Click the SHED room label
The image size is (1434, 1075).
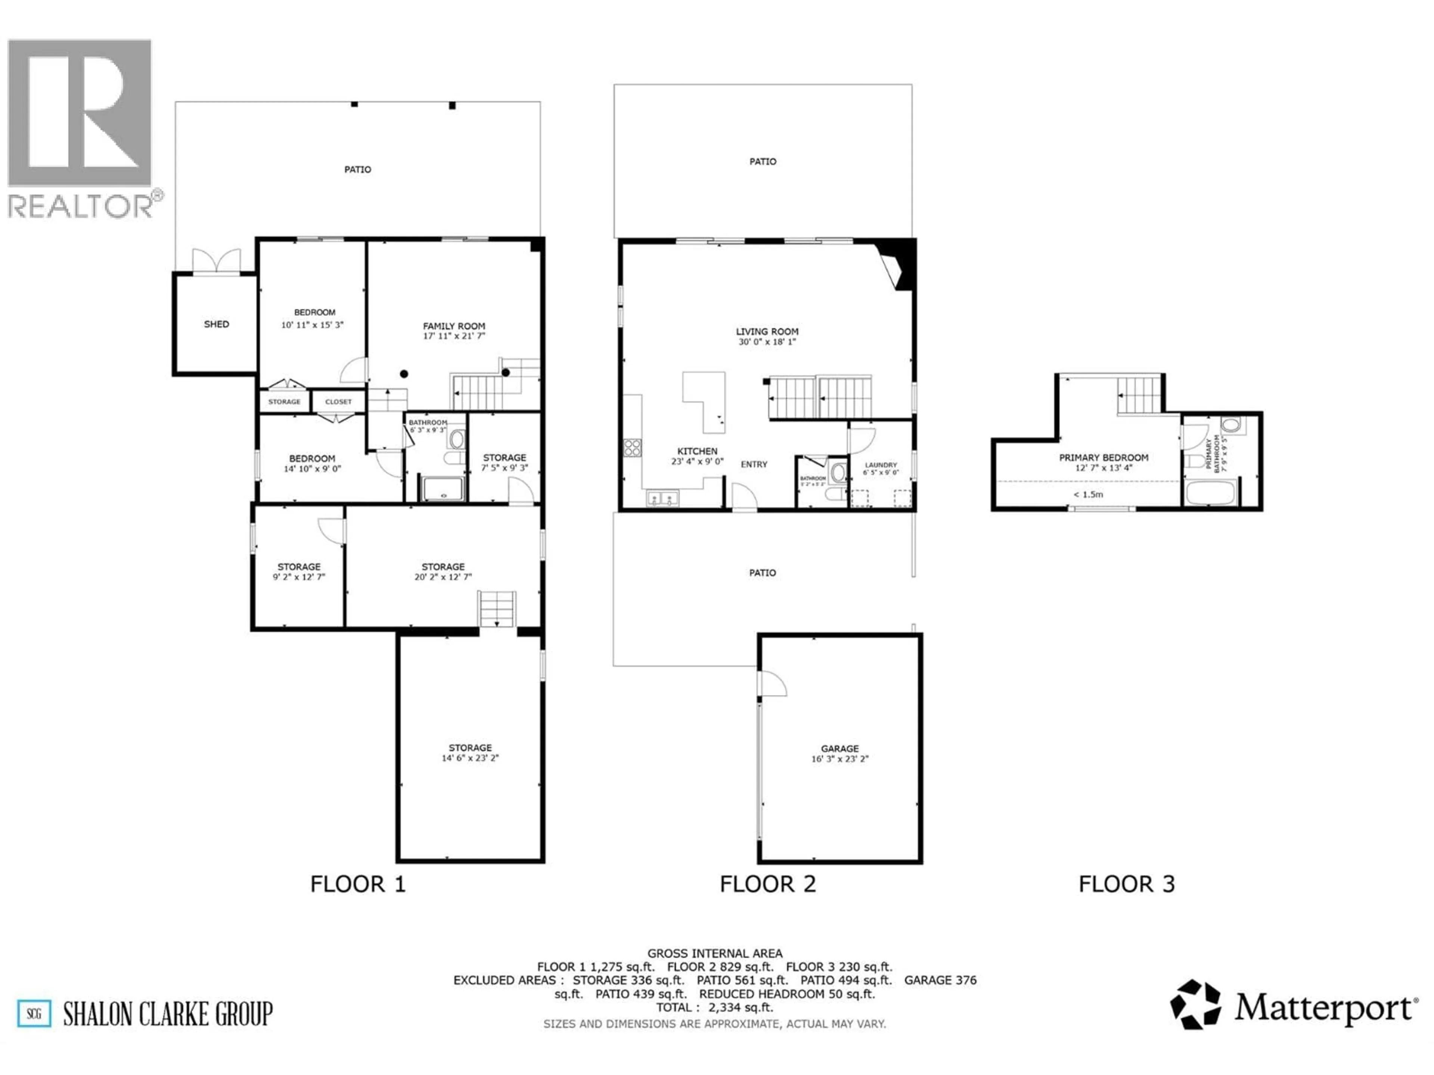coord(217,324)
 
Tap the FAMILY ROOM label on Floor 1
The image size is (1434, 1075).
coord(454,326)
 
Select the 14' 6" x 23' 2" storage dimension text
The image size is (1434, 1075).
coord(470,757)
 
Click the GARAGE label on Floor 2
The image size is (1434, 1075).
coord(839,748)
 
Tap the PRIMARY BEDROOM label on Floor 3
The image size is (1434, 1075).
coord(1104,458)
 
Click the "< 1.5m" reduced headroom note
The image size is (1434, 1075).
coord(1088,495)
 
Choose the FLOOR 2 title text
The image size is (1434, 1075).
coord(767,884)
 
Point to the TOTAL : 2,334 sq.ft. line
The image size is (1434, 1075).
coord(714,1007)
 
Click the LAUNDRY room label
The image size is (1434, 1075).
coord(880,465)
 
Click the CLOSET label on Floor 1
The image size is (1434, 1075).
coord(338,402)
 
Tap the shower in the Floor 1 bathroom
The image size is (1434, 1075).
coord(443,489)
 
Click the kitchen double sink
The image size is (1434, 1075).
coord(662,498)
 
